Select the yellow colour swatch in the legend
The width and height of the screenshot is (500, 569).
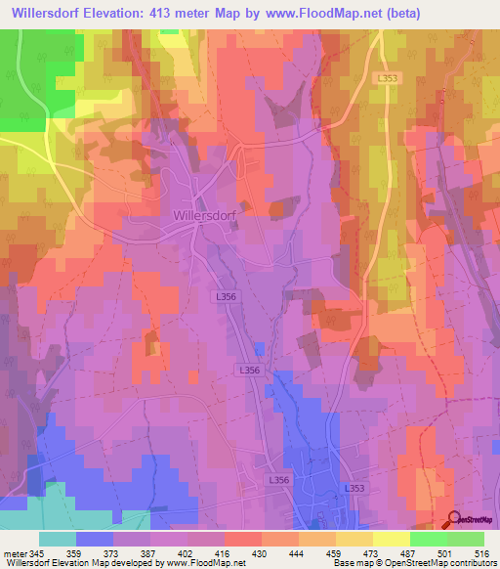[x=391, y=539]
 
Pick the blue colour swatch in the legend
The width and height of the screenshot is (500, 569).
[x=95, y=539]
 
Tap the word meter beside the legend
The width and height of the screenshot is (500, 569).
[x=15, y=553]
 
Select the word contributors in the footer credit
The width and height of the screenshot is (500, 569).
[x=467, y=564]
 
